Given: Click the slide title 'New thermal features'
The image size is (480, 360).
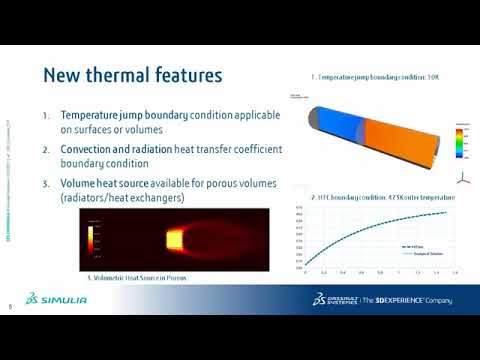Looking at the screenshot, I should [132, 76].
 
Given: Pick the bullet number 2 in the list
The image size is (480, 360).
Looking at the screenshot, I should [47, 149].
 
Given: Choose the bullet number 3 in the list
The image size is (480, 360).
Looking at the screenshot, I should [47, 183].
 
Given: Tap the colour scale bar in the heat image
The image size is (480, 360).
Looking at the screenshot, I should [95, 236].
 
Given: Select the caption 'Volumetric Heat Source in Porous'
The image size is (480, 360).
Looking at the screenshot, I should [140, 277].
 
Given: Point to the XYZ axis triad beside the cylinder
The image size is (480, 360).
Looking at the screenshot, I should [461, 178].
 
